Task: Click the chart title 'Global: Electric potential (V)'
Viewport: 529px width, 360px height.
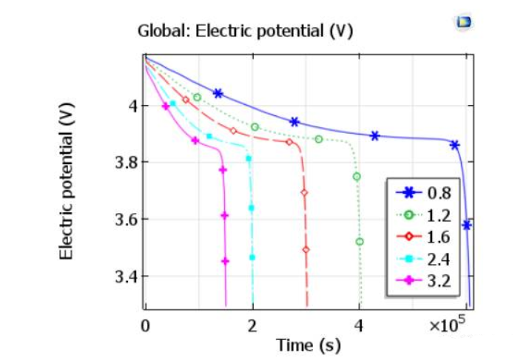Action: click(245, 32)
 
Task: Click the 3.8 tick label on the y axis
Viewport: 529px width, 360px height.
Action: click(127, 162)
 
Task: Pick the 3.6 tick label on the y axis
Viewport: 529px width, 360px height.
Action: click(127, 220)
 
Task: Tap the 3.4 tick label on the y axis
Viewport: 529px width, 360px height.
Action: click(127, 276)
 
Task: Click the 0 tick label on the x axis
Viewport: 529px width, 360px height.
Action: click(146, 325)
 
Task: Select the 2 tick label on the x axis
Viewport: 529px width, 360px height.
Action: click(252, 325)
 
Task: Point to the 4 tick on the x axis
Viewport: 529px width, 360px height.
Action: click(359, 325)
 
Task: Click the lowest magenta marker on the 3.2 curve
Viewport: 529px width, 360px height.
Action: click(226, 261)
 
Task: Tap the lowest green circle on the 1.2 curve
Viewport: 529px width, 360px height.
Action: click(360, 242)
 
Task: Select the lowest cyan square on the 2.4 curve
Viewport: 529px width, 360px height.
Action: click(252, 257)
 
